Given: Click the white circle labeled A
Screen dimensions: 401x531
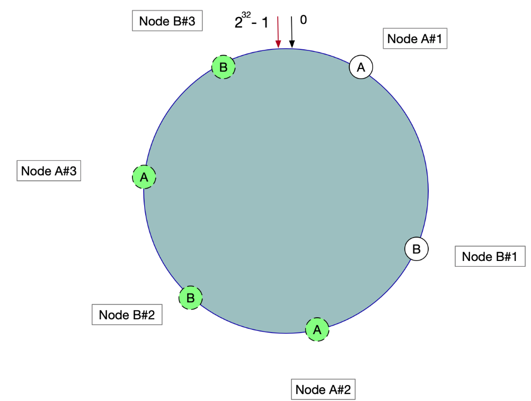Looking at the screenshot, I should pos(361,67).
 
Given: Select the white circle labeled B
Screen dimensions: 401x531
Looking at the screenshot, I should pos(417,249).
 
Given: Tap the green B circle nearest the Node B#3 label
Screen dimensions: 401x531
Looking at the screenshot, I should pos(224,67).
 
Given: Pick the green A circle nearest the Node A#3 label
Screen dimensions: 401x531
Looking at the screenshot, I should pos(144,177).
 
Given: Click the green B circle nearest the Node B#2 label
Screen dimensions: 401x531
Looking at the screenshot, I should pos(191,298).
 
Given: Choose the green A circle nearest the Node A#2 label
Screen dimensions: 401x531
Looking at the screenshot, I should pos(317,329).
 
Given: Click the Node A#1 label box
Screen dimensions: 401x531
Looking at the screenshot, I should pos(415,38).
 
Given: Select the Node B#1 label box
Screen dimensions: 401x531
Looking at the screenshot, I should pos(489,257).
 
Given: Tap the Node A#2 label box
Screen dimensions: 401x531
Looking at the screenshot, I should pos(323,389).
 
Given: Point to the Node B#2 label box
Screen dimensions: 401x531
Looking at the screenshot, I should pos(127,315).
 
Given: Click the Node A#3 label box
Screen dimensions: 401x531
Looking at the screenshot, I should pos(49,171).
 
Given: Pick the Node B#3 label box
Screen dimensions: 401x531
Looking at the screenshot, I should pos(167,21).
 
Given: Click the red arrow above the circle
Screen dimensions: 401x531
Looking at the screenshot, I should pos(278,32).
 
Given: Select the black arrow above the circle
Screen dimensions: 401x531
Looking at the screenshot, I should pos(291,32).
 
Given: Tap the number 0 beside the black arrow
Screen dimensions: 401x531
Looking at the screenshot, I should pos(303,20).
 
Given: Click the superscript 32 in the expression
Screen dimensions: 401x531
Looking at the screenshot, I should pos(246,15).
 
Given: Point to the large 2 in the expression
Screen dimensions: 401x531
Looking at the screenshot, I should pos(238,23).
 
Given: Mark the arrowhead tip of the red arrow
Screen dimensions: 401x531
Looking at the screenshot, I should pos(278,48).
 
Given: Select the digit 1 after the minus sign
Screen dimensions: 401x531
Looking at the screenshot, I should pos(265,23).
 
